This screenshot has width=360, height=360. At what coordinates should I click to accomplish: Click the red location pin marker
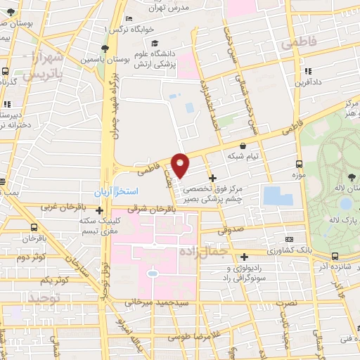point(181,165)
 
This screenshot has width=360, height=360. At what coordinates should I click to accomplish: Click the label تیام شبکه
point(243,156)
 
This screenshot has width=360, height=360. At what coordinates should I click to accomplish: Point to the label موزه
point(301,172)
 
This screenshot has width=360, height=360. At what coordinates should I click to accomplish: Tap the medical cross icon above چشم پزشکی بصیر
point(213,177)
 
